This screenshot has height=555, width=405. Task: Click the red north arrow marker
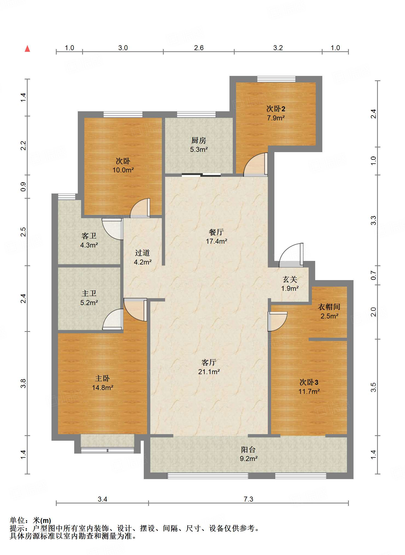(x=27, y=49)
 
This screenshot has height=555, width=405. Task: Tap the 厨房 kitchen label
(x=199, y=141)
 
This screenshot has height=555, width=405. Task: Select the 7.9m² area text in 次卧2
(x=276, y=118)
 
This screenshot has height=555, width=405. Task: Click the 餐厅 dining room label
(x=216, y=232)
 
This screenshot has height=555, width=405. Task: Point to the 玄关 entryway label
(x=290, y=280)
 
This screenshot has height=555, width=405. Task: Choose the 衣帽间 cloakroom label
(x=329, y=307)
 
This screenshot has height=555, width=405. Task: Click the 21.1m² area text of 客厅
(x=209, y=372)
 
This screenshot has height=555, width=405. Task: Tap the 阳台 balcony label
(x=248, y=450)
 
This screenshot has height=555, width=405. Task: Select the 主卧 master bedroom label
(x=102, y=378)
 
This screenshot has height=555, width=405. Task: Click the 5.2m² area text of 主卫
(x=89, y=303)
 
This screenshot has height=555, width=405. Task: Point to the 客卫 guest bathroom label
(x=89, y=236)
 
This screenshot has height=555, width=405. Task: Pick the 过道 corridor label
(x=142, y=253)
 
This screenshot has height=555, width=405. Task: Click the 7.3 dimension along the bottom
(x=248, y=499)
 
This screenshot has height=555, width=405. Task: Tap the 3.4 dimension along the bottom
(x=102, y=499)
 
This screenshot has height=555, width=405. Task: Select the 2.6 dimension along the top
(x=199, y=48)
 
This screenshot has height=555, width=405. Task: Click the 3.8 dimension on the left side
(x=23, y=383)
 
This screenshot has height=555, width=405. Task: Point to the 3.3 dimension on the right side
(x=374, y=220)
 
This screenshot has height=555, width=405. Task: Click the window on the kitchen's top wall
(x=196, y=114)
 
